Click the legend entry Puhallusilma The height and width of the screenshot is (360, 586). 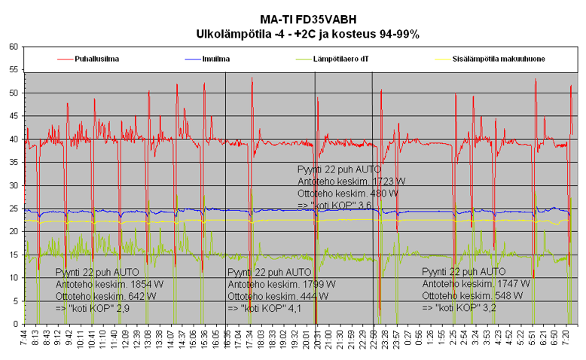[96, 58]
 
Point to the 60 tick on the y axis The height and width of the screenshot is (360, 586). [14, 47]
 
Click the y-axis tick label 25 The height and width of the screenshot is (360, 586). [14, 209]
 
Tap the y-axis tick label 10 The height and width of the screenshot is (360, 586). [14, 278]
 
